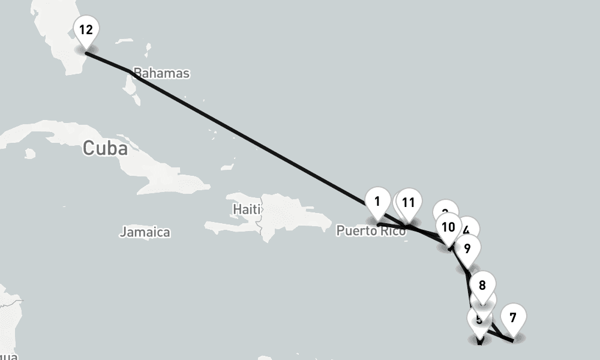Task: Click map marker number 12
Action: click(x=86, y=29)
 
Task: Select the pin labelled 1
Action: click(x=377, y=202)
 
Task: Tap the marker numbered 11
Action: click(x=409, y=203)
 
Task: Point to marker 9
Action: click(x=467, y=247)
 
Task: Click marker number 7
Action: click(x=512, y=318)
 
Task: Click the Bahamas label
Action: click(x=161, y=74)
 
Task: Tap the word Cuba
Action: click(x=105, y=148)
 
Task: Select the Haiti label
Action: click(x=246, y=209)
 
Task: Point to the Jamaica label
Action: click(x=145, y=232)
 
